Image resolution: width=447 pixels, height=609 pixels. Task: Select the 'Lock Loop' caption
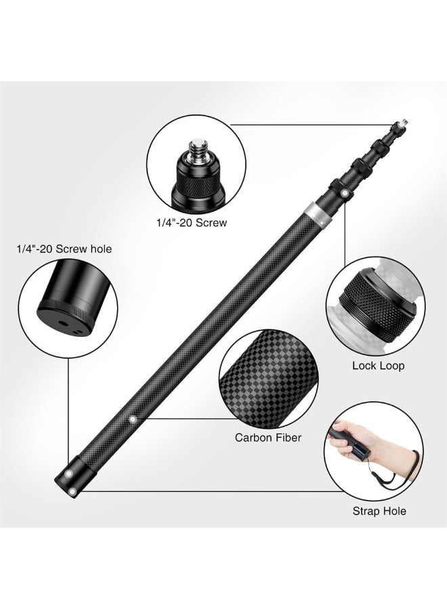pos(378,365)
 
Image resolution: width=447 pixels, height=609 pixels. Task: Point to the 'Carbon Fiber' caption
pos(268,437)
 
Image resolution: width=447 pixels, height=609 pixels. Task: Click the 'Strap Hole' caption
pos(379,510)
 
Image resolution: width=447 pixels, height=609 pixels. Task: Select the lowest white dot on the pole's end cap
pos(70,489)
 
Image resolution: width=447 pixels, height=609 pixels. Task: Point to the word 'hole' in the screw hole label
pos(100,249)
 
